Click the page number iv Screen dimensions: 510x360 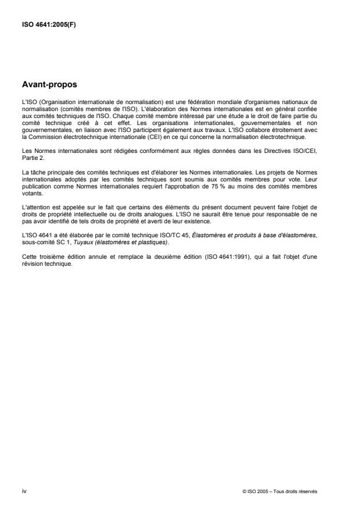click(x=24, y=491)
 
